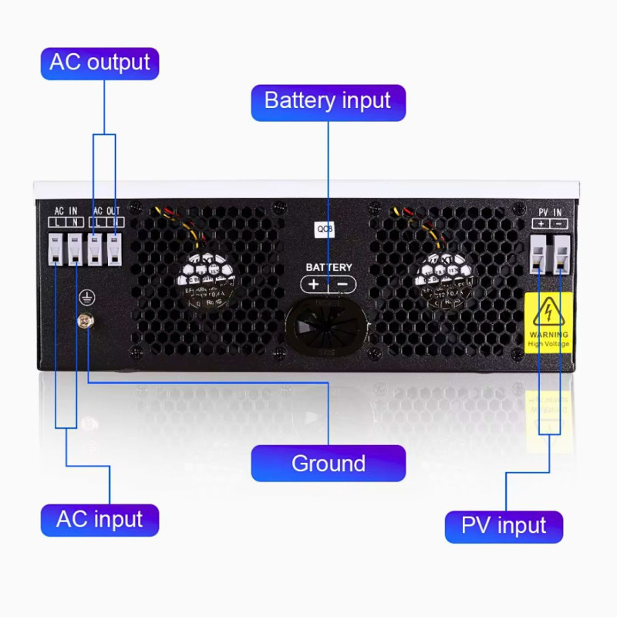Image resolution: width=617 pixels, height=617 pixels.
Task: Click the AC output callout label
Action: point(99,62)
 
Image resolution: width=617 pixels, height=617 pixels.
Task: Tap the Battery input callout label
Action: point(328,101)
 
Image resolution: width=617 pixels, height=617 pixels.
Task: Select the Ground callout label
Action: point(328,464)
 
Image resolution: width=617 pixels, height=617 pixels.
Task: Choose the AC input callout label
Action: point(99,519)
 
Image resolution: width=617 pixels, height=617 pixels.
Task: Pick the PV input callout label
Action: point(504,526)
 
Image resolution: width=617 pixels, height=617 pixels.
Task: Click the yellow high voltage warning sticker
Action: point(548,322)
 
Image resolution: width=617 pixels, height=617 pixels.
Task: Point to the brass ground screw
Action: point(83,319)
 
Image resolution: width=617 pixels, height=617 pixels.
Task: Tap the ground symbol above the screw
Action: point(87,296)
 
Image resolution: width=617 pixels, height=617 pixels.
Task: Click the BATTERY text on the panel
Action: point(329,267)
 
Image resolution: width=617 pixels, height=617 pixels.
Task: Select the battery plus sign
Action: point(314,284)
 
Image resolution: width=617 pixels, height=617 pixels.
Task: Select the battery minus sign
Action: point(343,284)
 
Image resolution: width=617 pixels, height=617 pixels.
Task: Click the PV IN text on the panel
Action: point(548,211)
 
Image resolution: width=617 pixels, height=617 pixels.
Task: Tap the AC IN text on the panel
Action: point(66,211)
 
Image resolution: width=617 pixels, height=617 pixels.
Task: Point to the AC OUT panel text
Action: point(106,211)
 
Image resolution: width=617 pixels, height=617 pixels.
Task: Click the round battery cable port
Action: point(328,328)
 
